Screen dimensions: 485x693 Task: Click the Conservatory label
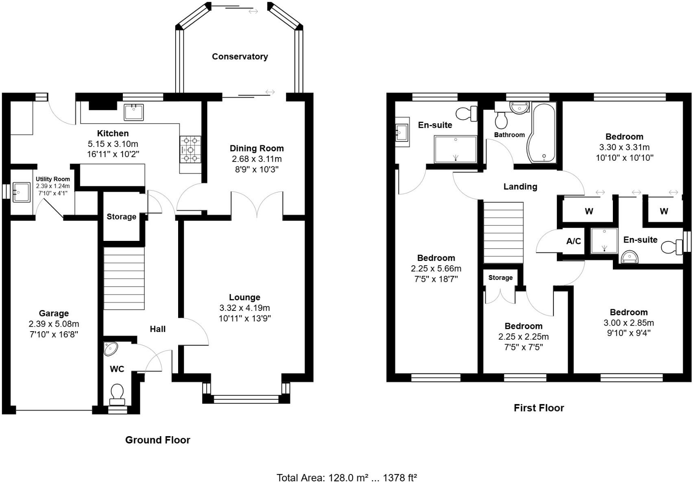240,57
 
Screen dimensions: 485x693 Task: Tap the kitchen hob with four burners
190,149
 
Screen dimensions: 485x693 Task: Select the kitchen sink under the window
134,112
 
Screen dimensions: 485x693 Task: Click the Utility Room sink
21,192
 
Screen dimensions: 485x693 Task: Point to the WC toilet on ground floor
117,393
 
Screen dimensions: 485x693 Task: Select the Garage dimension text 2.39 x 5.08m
54,324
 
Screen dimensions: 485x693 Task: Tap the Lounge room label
244,297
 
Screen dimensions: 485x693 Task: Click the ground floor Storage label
121,217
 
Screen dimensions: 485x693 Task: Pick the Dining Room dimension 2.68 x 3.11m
256,159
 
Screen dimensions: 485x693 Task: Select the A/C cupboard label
573,241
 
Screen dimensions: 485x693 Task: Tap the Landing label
520,187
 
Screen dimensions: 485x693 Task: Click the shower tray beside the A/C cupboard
604,240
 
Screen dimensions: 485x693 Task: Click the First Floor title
538,408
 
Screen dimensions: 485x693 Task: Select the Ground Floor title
157,440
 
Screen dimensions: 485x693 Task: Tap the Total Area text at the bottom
346,477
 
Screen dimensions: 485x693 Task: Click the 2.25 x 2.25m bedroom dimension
523,337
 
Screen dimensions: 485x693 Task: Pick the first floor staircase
503,233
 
